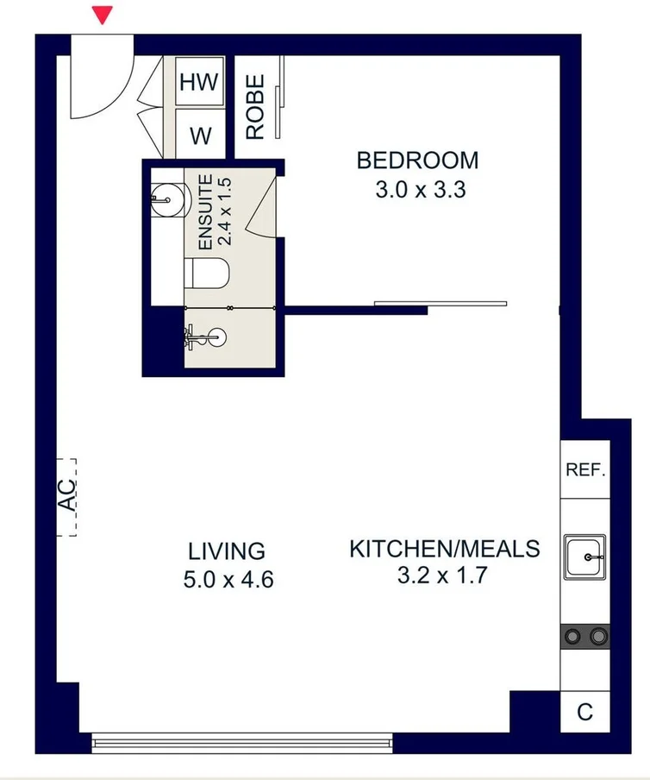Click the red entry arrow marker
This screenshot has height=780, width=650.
click(x=103, y=15)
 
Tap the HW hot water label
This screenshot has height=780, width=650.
click(x=199, y=82)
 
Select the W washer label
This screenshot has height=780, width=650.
click(x=201, y=135)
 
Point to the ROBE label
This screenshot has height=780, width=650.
click(x=255, y=107)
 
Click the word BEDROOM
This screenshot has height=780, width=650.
click(x=417, y=160)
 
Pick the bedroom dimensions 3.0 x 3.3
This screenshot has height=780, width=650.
click(x=421, y=190)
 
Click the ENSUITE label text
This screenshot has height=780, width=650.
click(x=205, y=212)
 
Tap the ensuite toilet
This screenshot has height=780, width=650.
click(x=207, y=274)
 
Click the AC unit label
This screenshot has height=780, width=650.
click(x=67, y=495)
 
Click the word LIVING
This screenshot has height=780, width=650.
click(x=227, y=551)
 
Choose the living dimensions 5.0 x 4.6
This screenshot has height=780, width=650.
click(x=228, y=580)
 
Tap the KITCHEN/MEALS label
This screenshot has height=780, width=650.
click(x=444, y=549)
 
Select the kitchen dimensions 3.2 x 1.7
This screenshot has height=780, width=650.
click(x=442, y=576)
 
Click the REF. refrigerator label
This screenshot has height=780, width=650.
click(x=585, y=469)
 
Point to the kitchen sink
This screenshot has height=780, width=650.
click(x=584, y=557)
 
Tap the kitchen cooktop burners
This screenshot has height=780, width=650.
click(x=585, y=636)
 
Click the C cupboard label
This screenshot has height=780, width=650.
click(x=584, y=712)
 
